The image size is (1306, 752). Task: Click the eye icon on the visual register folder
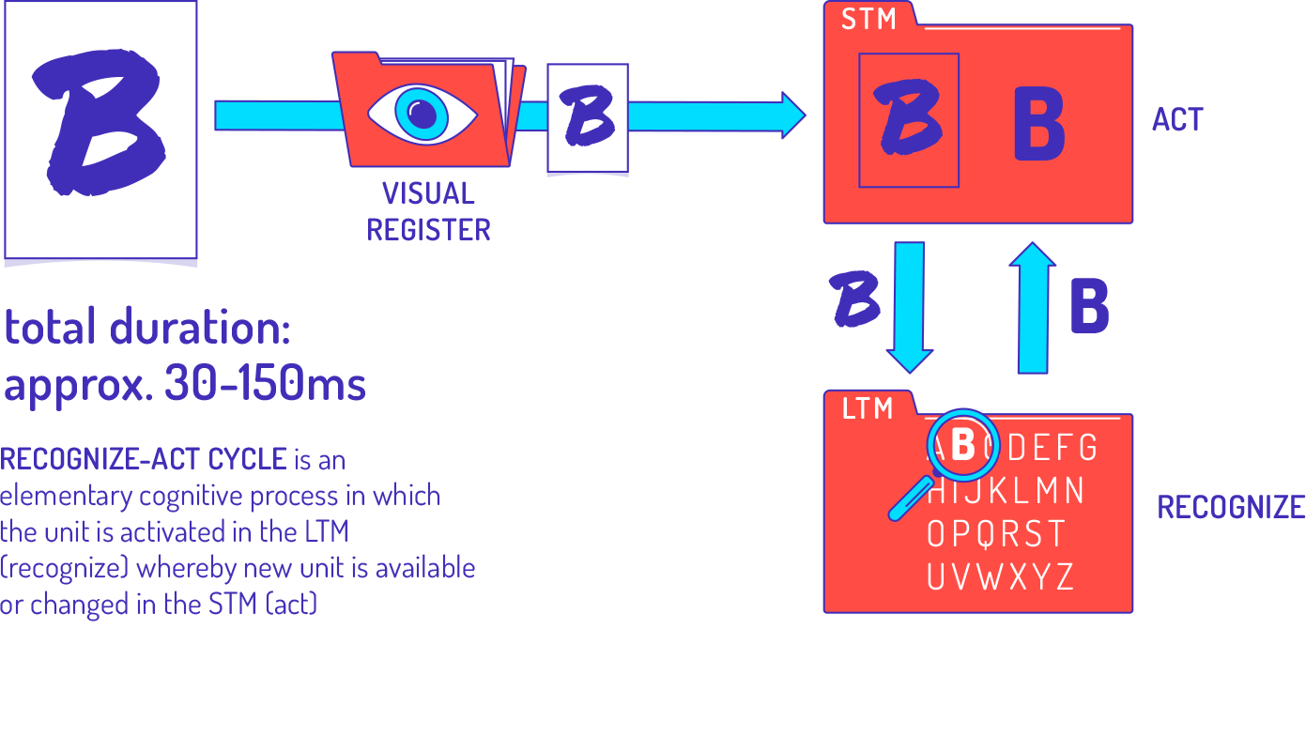coord(423,114)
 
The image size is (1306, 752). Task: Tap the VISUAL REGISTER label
coord(428,211)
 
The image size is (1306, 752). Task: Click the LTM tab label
coord(868,409)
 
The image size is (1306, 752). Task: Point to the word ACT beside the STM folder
coord(1177,120)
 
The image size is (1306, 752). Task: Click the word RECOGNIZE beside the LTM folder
coord(1231,508)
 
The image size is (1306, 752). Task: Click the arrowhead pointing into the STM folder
coord(793,115)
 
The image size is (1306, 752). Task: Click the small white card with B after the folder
coord(588,118)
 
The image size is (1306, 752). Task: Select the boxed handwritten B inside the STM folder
coord(908,119)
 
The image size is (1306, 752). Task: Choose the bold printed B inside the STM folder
coord(1039,124)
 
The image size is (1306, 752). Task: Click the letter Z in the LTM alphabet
coord(1064,576)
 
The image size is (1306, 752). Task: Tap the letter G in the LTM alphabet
coord(1087,448)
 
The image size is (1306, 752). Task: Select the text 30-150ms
coord(265,383)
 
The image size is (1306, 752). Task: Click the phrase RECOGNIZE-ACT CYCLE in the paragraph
coord(144,460)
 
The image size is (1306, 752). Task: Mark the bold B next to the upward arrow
coord(1089,306)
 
